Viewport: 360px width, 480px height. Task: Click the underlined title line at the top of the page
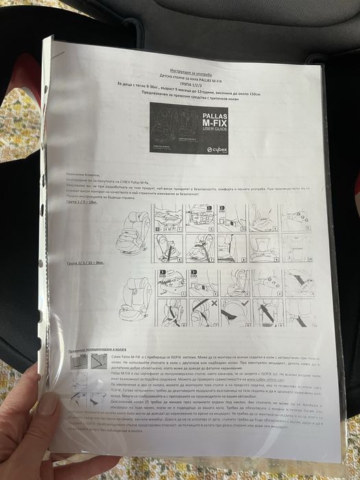(x=179, y=70)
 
